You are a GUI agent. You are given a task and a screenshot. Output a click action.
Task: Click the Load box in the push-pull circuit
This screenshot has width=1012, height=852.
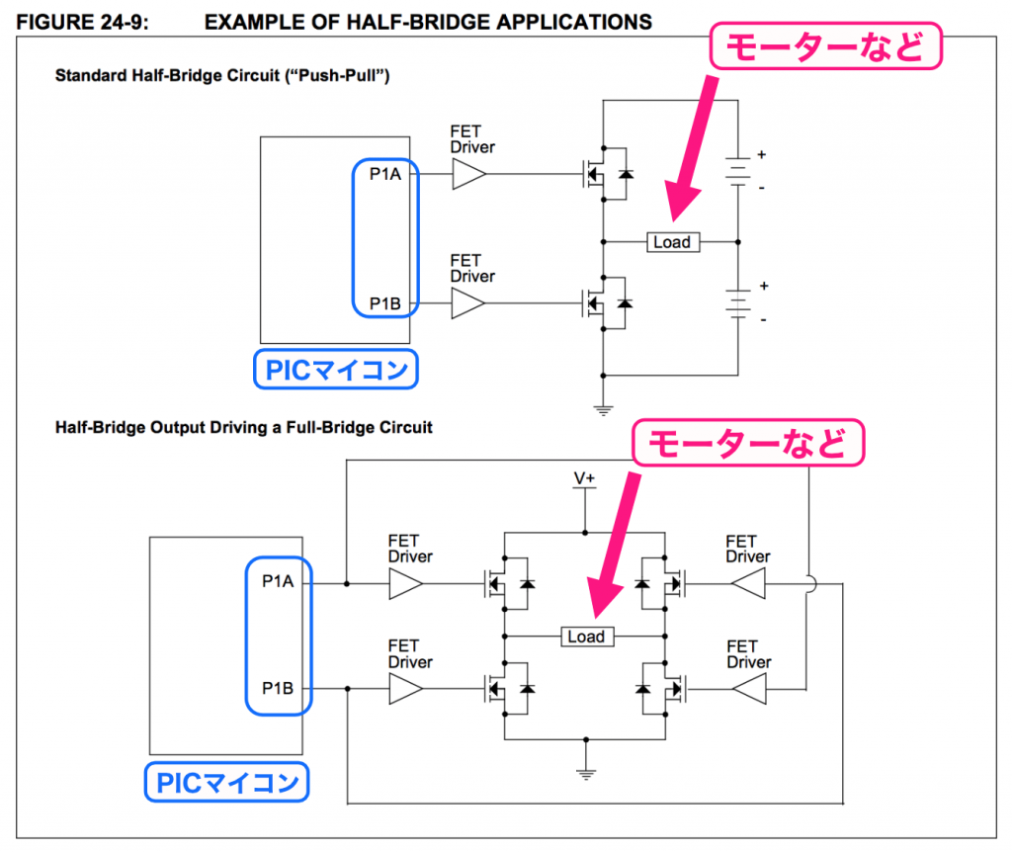tap(672, 241)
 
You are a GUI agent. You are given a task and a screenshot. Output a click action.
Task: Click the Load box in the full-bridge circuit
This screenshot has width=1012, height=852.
tap(585, 637)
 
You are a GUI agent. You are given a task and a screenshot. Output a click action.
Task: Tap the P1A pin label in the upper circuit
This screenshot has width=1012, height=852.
tap(384, 176)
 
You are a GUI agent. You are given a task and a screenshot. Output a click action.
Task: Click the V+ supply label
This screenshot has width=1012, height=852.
tap(585, 478)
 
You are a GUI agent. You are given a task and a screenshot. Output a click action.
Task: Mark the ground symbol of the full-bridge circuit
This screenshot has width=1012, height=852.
tap(585, 774)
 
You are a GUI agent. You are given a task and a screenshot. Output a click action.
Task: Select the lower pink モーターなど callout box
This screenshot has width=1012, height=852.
tap(749, 444)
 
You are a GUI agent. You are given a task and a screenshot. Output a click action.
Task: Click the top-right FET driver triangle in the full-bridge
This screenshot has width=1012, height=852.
tap(748, 583)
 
